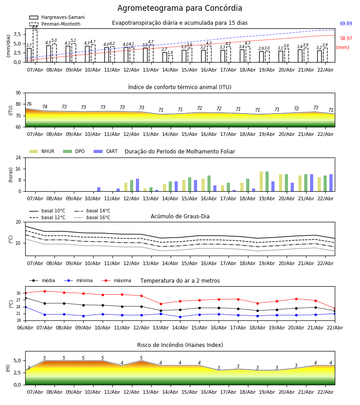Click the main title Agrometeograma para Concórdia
(180, 9)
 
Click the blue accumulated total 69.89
(346, 24)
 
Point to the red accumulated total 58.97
(346, 39)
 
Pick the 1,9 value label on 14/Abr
(170, 53)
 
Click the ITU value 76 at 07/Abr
(29, 104)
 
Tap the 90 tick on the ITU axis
(18, 93)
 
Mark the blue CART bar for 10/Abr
(99, 189)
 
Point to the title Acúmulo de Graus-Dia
(180, 216)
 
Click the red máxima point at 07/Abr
(45, 291)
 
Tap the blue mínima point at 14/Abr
(180, 317)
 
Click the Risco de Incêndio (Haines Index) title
(180, 345)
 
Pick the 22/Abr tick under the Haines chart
(325, 392)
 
